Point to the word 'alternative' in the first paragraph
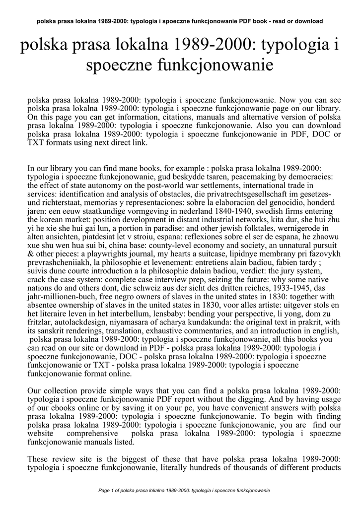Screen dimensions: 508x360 coord(255,118)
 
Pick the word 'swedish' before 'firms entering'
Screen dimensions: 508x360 coord(273,210)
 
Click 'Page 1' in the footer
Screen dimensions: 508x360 coord(107,490)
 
